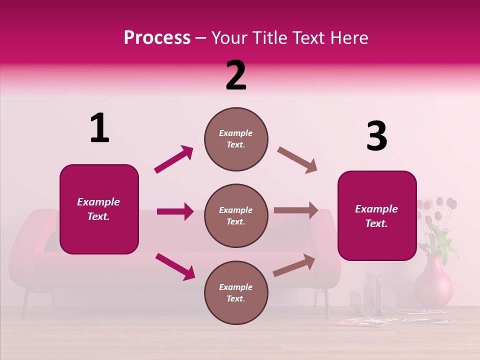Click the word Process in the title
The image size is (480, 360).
[157, 37]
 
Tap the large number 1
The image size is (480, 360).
[99, 128]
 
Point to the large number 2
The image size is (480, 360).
[236, 75]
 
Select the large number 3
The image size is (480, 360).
[376, 136]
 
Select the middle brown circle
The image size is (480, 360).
[236, 215]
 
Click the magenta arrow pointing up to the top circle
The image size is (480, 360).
[174, 159]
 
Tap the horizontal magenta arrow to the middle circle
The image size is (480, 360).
[175, 211]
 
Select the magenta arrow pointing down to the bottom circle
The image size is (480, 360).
[175, 266]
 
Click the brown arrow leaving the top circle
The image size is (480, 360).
[297, 160]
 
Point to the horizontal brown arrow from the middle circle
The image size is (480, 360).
[296, 210]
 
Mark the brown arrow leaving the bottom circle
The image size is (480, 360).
[294, 265]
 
